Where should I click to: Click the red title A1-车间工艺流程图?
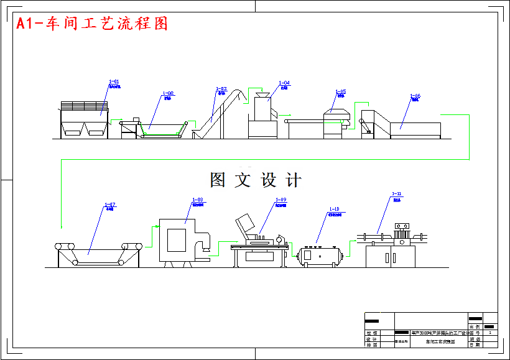[92, 24]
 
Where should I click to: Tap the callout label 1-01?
[114, 81]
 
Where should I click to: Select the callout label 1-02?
[168, 93]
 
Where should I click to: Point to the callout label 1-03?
[221, 89]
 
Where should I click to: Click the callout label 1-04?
[284, 83]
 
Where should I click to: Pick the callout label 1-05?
[340, 91]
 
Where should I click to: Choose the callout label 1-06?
[415, 96]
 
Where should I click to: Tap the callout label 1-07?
[109, 205]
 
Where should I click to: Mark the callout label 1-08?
[197, 200]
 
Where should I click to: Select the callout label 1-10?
[333, 210]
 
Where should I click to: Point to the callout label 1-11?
[397, 194]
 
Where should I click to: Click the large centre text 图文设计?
[256, 180]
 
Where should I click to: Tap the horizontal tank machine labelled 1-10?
[320, 255]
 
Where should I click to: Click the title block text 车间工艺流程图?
[440, 342]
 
